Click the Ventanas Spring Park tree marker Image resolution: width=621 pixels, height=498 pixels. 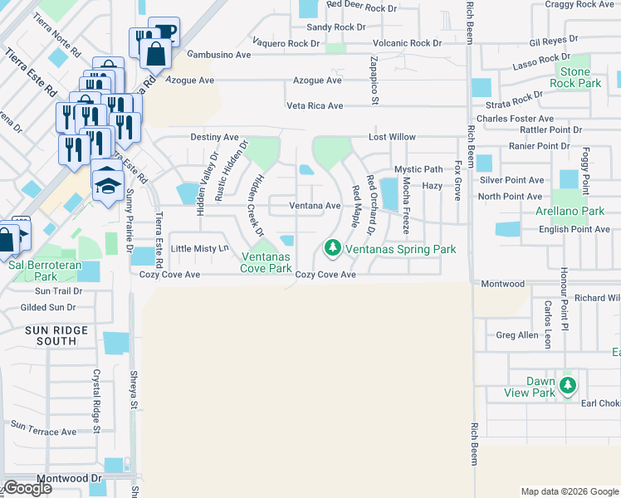click(x=332, y=247)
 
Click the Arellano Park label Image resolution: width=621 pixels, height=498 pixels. click(x=570, y=212)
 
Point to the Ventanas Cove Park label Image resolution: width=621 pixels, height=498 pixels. click(x=266, y=262)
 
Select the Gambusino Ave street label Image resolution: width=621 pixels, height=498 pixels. click(x=219, y=55)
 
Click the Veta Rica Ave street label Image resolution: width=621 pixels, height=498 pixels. click(x=315, y=106)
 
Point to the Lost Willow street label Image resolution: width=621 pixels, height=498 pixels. click(x=393, y=137)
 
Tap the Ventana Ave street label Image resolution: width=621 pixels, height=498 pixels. click(x=315, y=206)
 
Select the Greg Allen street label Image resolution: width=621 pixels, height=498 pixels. click(x=516, y=335)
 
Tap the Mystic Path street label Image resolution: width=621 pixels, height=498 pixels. click(x=418, y=169)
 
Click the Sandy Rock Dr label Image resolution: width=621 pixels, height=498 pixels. click(x=336, y=27)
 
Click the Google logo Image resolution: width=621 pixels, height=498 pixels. click(x=27, y=488)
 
